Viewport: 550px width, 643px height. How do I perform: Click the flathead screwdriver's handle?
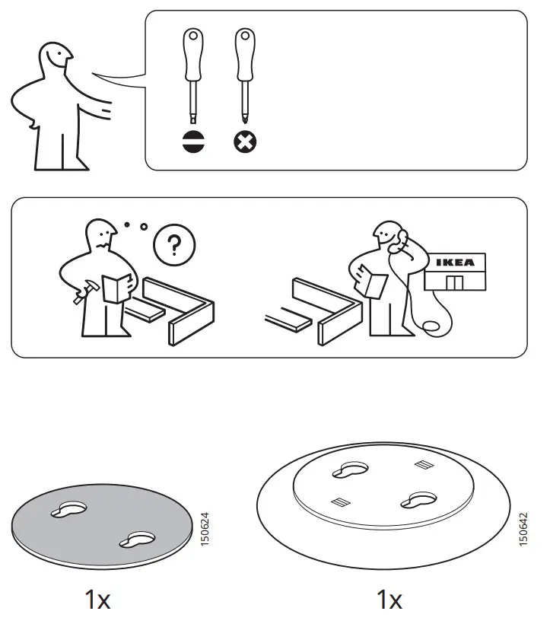[x=194, y=55]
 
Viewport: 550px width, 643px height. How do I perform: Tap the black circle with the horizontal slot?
[x=194, y=142]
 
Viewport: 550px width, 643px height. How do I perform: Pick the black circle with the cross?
[x=244, y=142]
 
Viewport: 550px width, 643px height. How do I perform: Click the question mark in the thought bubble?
[x=174, y=245]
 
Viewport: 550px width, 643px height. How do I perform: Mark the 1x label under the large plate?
[x=389, y=600]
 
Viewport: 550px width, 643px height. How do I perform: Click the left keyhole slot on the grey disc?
[x=68, y=510]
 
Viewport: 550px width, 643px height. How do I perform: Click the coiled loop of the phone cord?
[x=431, y=326]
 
